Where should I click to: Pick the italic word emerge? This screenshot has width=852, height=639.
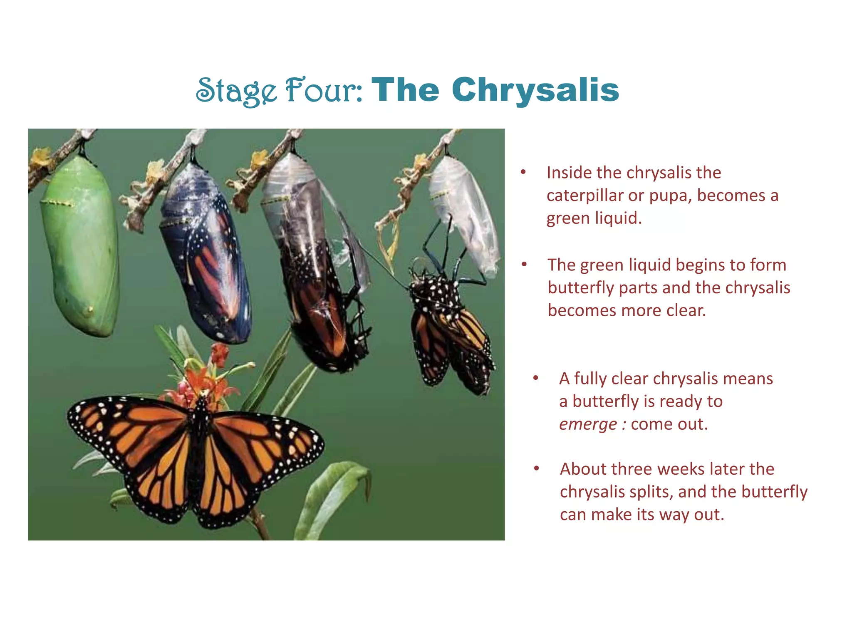pyautogui.click(x=588, y=425)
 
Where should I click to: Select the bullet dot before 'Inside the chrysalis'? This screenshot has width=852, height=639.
pyautogui.click(x=523, y=172)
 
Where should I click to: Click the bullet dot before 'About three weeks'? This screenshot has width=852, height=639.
pyautogui.click(x=537, y=469)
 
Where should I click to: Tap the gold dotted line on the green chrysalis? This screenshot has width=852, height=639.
pyautogui.click(x=58, y=203)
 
